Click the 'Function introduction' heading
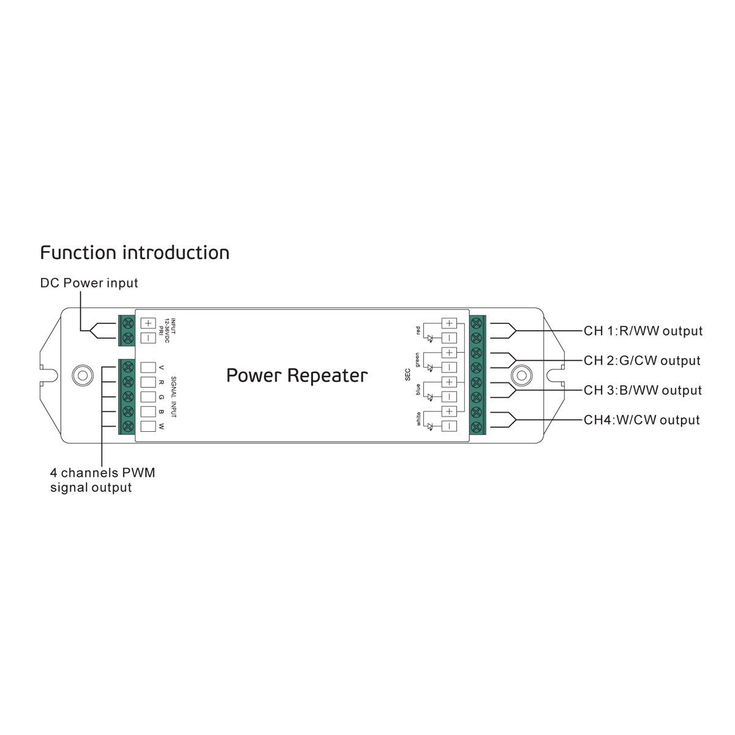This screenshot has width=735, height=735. pos(135,253)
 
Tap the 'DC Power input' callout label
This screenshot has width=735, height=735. pos(89,283)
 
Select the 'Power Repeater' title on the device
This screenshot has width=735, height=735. pos(296,375)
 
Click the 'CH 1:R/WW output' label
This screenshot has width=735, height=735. pos(643,331)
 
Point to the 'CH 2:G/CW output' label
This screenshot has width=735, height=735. pos(642,360)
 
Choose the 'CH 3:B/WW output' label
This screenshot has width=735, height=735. pos(643,390)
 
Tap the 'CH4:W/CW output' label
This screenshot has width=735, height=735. pos(641,420)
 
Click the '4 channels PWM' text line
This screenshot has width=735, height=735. pos(103,473)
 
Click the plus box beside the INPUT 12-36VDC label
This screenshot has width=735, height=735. pos(148,323)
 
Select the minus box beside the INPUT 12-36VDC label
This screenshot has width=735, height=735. pos(148,338)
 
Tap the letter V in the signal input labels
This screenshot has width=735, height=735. pos(161,367)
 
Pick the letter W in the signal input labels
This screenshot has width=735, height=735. pos(161,427)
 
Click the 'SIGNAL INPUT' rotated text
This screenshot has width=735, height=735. pos(173,397)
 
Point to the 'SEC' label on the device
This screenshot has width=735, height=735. pos(407,375)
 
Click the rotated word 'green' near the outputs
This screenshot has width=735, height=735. pos(417,360)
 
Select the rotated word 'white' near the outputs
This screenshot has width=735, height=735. pos(418,419)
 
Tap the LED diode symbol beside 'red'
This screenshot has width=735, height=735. pos(430,338)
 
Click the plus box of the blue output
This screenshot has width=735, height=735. pos(449,382)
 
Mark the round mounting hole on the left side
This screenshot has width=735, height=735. pos(83,375)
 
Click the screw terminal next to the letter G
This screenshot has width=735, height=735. pos(129,397)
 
